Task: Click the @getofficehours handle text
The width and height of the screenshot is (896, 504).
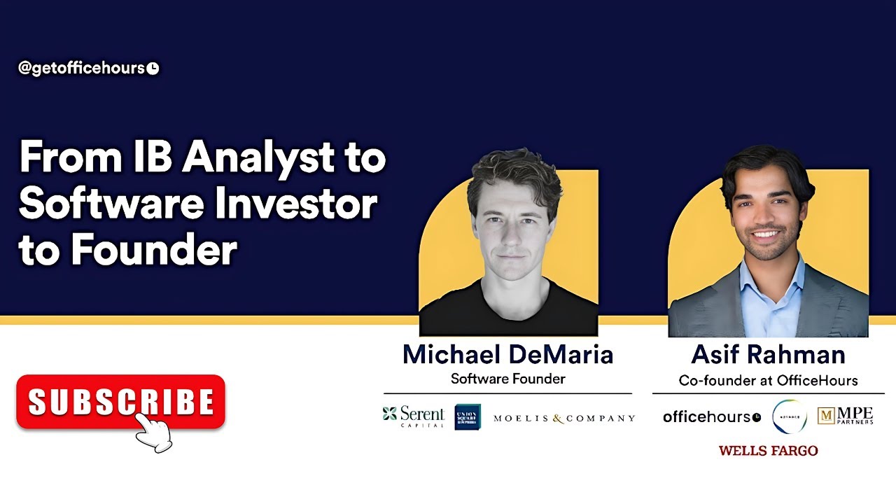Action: (81, 69)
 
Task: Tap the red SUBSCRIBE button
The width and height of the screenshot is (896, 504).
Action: (120, 402)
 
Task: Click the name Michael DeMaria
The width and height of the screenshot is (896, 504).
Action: (507, 355)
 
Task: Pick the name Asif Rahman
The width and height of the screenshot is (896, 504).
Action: (768, 355)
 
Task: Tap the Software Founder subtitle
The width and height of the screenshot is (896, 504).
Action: (507, 379)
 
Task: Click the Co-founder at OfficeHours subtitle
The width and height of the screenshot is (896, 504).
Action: (768, 381)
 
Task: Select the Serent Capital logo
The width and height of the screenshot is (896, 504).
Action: (413, 416)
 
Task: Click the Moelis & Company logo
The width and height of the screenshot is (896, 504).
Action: (563, 419)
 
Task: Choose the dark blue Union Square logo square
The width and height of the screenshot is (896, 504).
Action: (467, 416)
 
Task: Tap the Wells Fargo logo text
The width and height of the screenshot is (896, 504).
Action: (768, 451)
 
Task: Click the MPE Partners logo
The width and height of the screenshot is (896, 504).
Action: (845, 416)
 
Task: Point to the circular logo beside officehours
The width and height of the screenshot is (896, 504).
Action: (789, 416)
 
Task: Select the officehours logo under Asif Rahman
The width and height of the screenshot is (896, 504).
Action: (711, 417)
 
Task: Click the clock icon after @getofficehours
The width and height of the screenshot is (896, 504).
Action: (153, 69)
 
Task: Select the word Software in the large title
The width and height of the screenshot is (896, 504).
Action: (112, 204)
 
